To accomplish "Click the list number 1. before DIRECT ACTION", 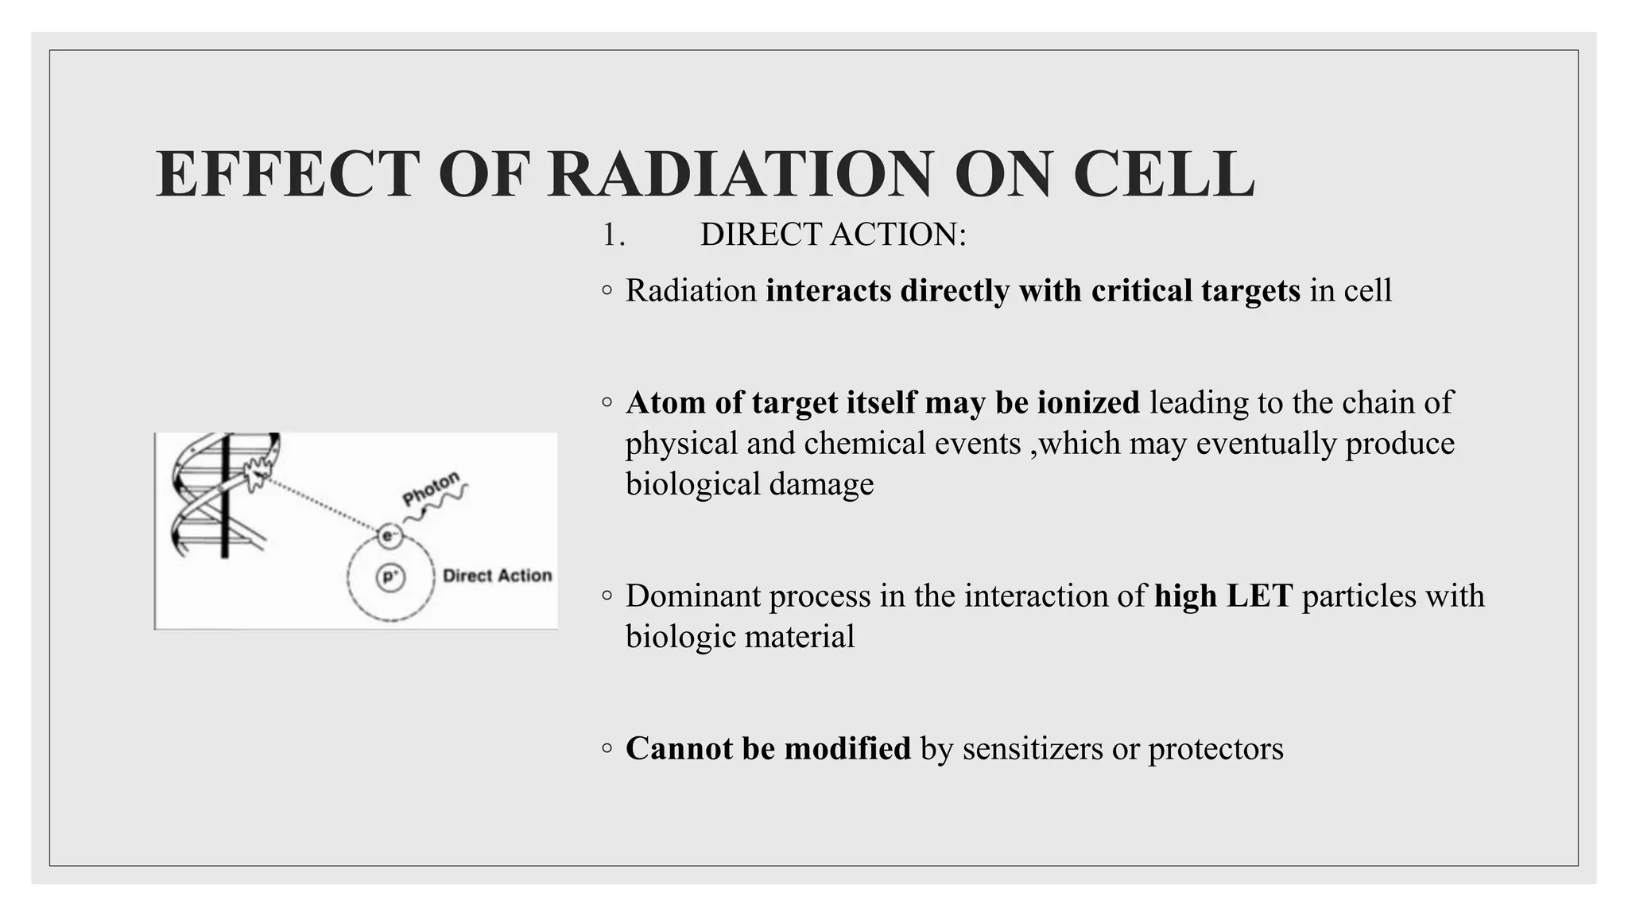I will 613,235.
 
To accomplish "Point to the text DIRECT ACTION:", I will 832,235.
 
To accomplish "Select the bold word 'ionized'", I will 1088,402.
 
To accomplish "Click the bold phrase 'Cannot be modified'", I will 768,748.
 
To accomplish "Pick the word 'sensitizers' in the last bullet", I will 1032,748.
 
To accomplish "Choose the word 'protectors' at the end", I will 1215,748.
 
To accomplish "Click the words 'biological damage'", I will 749,483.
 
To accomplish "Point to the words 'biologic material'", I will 739,636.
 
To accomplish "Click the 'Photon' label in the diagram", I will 430,488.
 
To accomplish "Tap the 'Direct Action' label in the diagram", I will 497,576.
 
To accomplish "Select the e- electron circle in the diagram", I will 389,536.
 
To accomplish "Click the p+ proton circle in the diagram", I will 390,576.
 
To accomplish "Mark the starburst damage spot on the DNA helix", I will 257,474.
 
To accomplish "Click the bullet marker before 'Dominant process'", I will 607,596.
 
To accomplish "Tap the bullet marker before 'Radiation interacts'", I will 607,291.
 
